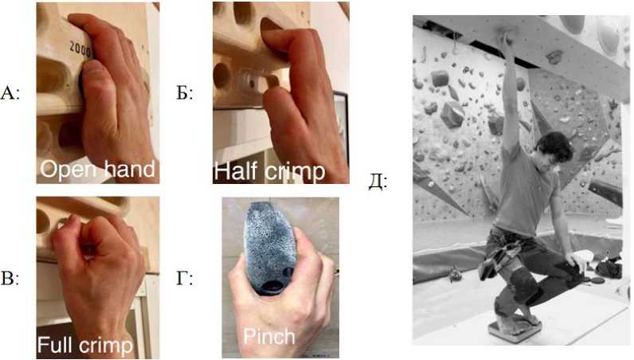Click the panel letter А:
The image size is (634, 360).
[x=10, y=93]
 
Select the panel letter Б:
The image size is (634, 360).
[x=185, y=93]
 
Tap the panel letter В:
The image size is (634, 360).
[x=10, y=279]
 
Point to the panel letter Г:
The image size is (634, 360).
[x=184, y=279]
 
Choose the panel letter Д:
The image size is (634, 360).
[x=378, y=182]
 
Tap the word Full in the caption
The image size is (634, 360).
[x=54, y=345]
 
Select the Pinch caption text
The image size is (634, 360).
[x=269, y=337]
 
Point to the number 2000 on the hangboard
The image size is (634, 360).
[x=80, y=48]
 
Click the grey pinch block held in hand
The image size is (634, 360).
[x=268, y=248]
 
